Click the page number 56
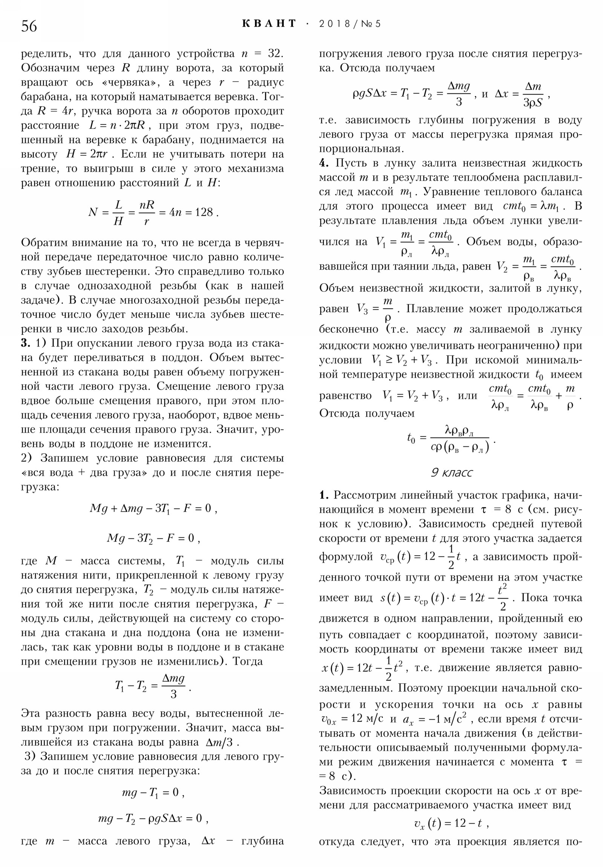tap(29, 26)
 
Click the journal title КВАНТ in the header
tap(269, 24)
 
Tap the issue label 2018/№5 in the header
tap(350, 24)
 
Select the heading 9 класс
tap(451, 473)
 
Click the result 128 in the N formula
tap(204, 212)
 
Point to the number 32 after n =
tap(274, 54)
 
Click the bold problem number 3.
tap(25, 343)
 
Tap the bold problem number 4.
tap(324, 163)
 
